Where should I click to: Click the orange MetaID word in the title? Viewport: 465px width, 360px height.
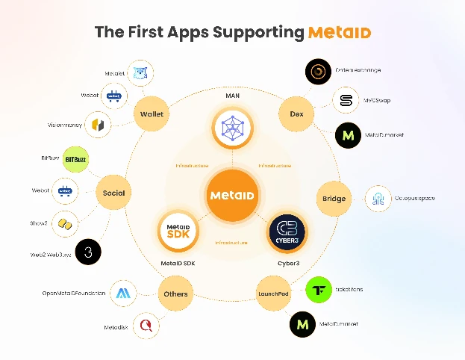tap(339, 33)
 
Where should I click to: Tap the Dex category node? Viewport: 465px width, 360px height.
tap(295, 114)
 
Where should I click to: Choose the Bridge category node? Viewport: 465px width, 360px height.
tap(334, 198)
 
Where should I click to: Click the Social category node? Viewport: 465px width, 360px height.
tap(114, 193)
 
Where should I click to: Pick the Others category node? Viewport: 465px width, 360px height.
tap(175, 294)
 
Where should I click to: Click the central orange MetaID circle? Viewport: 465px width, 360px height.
tap(232, 195)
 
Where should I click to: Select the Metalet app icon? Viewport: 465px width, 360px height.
tap(140, 73)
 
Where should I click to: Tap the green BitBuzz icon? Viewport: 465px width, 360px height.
tap(73, 159)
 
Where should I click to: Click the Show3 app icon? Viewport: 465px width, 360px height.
tap(66, 223)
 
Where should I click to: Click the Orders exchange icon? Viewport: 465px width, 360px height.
tap(320, 72)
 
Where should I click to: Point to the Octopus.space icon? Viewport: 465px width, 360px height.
tap(377, 199)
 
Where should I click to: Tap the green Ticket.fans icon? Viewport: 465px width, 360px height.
tap(319, 290)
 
